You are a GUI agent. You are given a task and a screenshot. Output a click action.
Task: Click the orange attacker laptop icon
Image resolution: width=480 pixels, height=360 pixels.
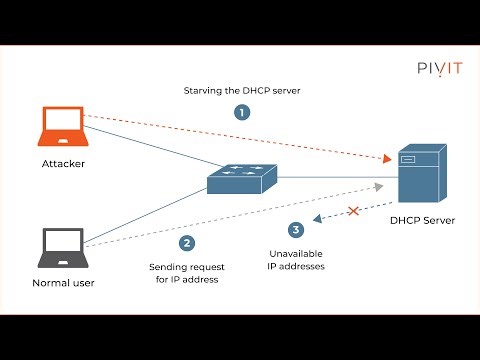[57, 128]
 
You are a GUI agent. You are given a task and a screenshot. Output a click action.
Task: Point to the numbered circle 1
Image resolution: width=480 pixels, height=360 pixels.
[240, 113]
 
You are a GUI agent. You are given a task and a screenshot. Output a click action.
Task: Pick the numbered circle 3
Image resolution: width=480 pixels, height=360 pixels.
[294, 230]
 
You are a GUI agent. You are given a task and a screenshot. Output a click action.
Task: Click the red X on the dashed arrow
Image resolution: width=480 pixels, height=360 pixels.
[352, 212]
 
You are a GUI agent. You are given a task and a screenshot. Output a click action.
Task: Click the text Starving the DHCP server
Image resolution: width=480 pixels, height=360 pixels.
[240, 91]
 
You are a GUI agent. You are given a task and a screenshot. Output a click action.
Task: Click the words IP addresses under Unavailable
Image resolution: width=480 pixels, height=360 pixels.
[297, 267]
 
